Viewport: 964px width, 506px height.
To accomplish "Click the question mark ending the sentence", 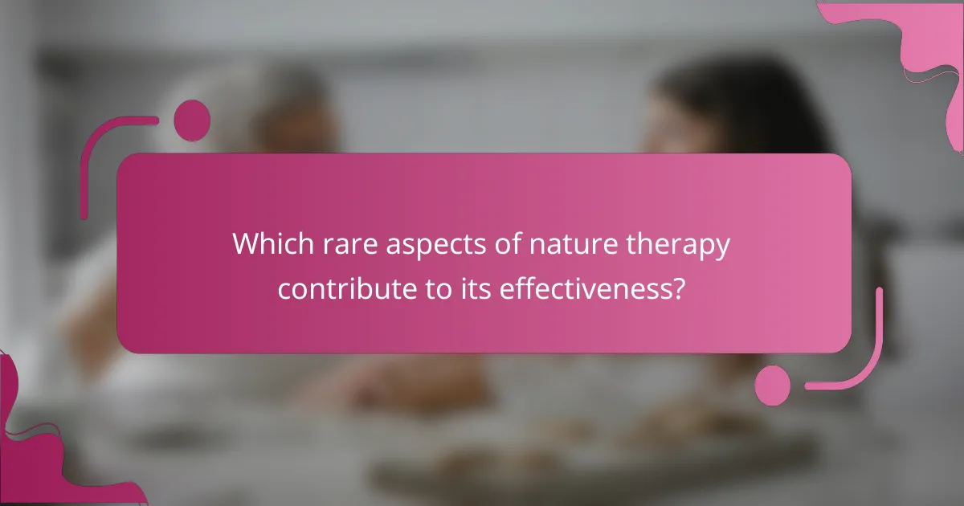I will click(x=679, y=288).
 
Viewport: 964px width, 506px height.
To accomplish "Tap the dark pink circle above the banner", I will click(x=192, y=120).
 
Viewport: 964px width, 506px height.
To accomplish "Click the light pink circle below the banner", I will click(x=773, y=385).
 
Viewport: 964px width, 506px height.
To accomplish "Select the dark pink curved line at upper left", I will click(x=96, y=153).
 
